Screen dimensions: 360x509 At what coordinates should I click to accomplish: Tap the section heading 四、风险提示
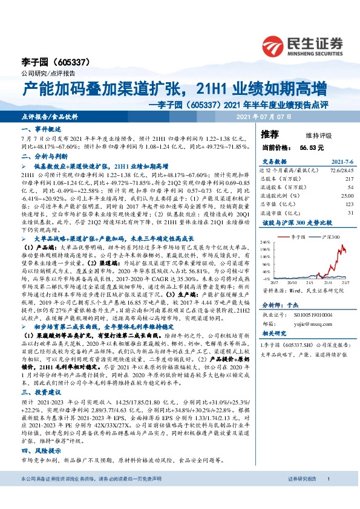pos(39,451)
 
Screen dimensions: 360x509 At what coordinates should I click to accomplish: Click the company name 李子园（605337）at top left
pos(51,62)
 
